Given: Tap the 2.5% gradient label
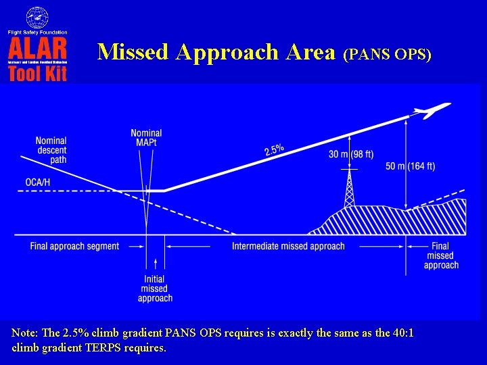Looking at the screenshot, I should (274, 148).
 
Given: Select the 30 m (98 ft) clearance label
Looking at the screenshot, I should (351, 153).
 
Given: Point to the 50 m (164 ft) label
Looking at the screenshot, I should (410, 166).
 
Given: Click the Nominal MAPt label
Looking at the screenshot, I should (146, 138).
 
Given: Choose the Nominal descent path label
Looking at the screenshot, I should (51, 150).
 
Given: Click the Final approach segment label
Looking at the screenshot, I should (74, 246).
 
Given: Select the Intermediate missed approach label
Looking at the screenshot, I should (288, 246).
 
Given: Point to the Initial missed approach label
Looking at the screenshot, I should (156, 289).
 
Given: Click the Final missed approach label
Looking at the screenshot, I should (441, 255).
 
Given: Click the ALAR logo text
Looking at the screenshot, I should (38, 48).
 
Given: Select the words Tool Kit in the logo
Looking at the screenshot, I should (38, 73).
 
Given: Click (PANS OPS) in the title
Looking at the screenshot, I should (388, 55).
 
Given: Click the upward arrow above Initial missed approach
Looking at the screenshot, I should (156, 264).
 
